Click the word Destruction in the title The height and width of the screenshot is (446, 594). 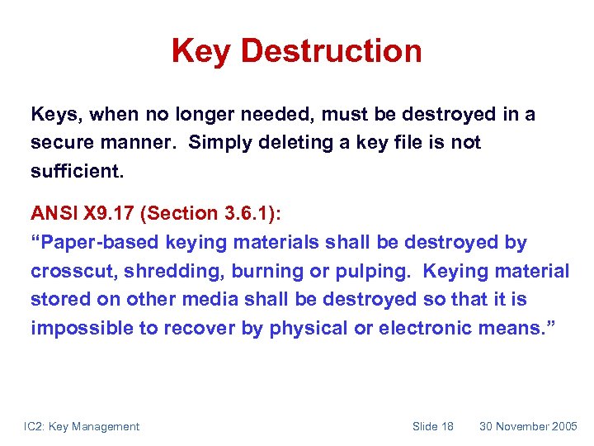(x=332, y=51)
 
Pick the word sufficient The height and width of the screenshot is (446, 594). (x=75, y=170)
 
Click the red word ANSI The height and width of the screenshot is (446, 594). (x=52, y=213)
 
